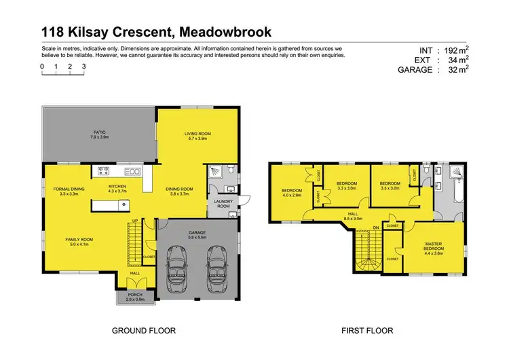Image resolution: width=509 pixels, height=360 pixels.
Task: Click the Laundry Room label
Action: click(223, 204)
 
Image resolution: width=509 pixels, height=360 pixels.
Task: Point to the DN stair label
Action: click(377, 228)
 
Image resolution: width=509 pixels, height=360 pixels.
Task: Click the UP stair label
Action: click(135, 221)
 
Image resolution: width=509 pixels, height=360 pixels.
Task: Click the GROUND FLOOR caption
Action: click(144, 331)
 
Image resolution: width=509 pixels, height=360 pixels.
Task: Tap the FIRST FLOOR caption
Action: click(366, 331)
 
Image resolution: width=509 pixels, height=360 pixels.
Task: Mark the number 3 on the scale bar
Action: click(83, 67)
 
